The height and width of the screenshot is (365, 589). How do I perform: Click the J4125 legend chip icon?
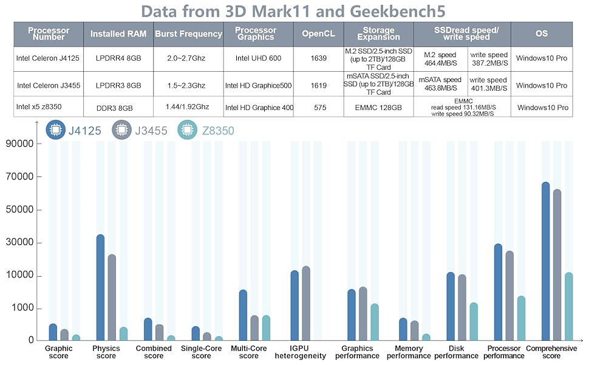[56, 130]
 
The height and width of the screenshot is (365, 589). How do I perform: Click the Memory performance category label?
[409, 352]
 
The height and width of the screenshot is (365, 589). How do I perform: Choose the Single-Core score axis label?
[201, 352]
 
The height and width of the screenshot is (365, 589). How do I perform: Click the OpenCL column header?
[318, 34]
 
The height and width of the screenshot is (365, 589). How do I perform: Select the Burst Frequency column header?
[188, 34]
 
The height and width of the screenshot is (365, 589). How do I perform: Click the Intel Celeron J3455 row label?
[49, 85]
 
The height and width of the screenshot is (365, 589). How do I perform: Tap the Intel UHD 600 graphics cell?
[259, 58]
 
